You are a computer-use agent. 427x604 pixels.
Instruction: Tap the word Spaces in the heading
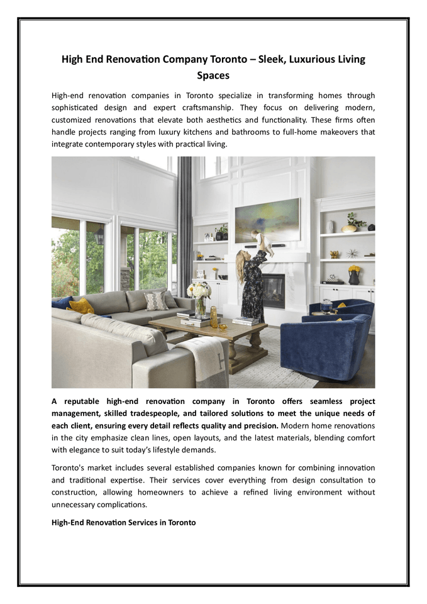pos(213,75)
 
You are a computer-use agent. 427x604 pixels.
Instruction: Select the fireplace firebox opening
pos(273,291)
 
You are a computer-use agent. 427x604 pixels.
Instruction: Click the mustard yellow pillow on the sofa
pos(80,306)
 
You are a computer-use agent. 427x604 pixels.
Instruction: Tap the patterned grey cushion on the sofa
pos(155,300)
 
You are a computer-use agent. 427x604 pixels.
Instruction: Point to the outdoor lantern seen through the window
pos(99,236)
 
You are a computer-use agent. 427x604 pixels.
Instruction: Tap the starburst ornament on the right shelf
pos(352,253)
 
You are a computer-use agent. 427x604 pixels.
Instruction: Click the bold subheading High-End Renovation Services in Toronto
pos(124,522)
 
